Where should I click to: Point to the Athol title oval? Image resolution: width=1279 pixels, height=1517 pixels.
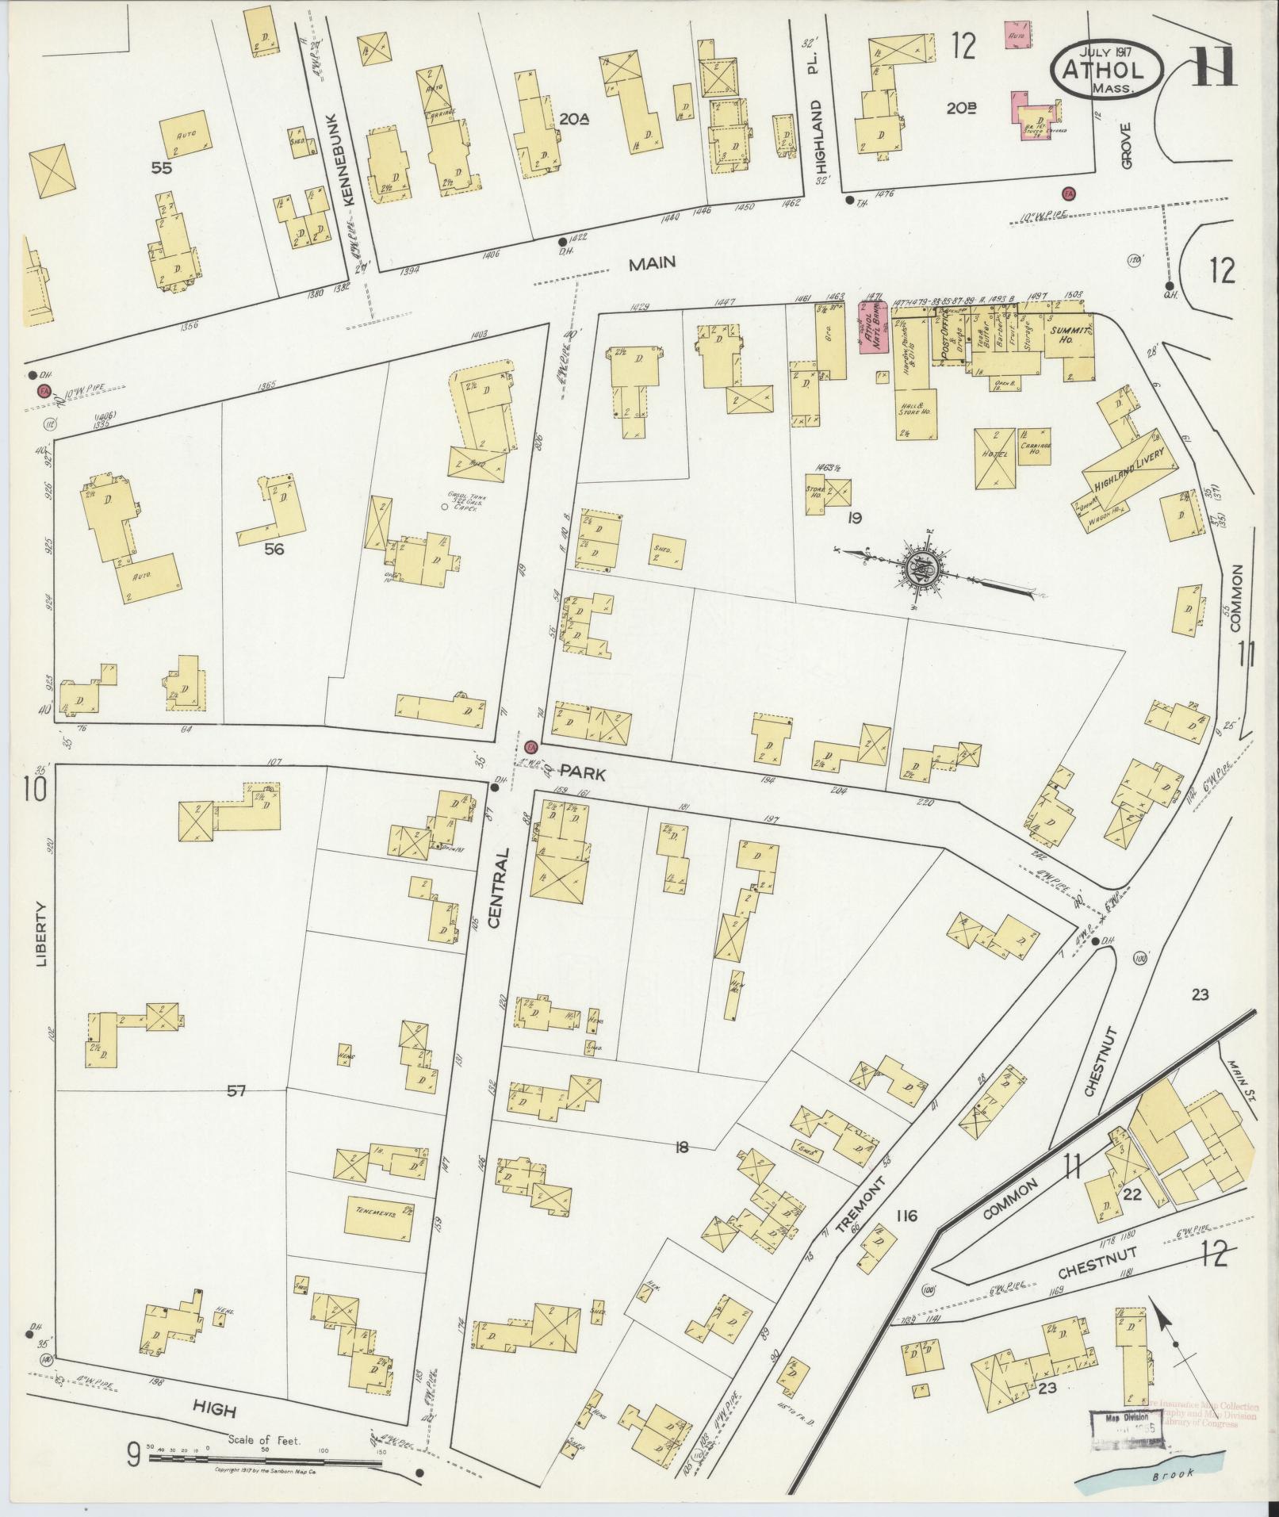pos(1107,70)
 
